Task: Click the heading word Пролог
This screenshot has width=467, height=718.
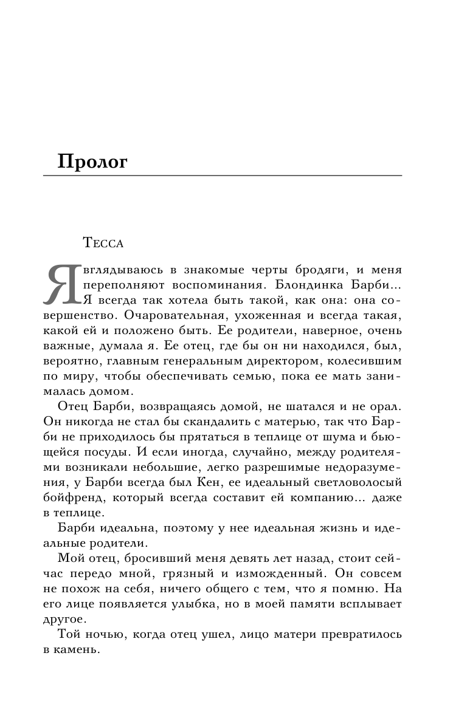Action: click(x=92, y=162)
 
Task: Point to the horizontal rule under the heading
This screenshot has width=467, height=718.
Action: click(x=223, y=176)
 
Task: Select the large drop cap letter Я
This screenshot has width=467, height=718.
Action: click(x=61, y=284)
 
